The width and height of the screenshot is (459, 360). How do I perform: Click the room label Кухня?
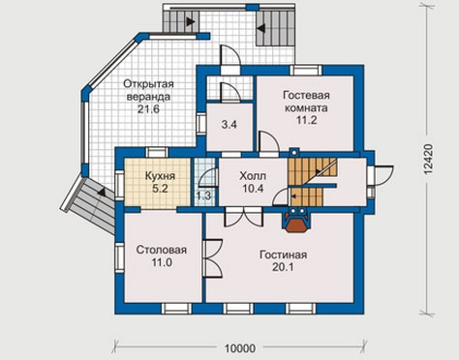pos(160,176)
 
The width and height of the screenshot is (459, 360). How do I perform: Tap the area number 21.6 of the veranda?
pos(148,109)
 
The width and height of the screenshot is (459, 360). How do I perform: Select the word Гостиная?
pos(283,255)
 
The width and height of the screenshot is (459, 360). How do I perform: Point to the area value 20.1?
pos(283,267)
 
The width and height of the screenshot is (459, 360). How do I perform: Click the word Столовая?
pos(162,250)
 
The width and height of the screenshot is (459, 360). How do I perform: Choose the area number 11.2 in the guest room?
pos(307,120)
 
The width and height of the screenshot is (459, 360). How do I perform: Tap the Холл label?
pos(253,176)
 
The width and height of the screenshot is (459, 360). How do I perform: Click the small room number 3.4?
pos(229,125)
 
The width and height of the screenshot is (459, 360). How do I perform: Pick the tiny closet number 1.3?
pos(203,195)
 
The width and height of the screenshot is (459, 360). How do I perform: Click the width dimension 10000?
pos(240,348)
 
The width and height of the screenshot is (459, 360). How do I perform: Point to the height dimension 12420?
pos(428,160)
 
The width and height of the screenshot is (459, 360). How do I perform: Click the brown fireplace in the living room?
pos(295,224)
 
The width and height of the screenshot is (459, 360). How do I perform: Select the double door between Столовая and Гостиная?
pos(213,258)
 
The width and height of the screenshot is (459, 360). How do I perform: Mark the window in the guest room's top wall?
pos(306,71)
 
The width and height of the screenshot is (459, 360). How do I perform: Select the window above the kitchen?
pos(157,152)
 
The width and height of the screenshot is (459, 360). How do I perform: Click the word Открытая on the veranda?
pos(148,84)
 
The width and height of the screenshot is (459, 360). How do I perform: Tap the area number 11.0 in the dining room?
pos(162,262)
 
